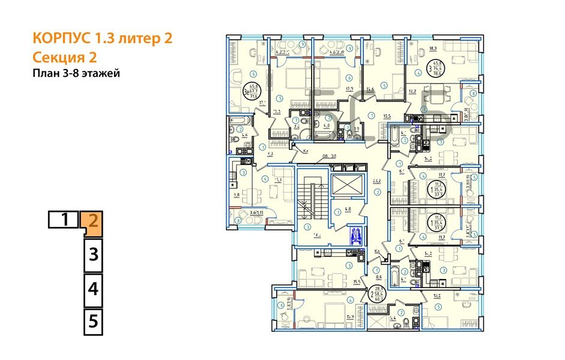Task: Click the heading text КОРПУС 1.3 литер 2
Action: click(102, 39)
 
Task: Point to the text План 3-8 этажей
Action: click(76, 74)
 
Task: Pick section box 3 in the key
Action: click(92, 254)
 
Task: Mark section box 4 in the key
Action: click(92, 290)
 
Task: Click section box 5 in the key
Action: click(92, 320)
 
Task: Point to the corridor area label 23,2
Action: click(377, 180)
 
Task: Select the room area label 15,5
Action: click(340, 281)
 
